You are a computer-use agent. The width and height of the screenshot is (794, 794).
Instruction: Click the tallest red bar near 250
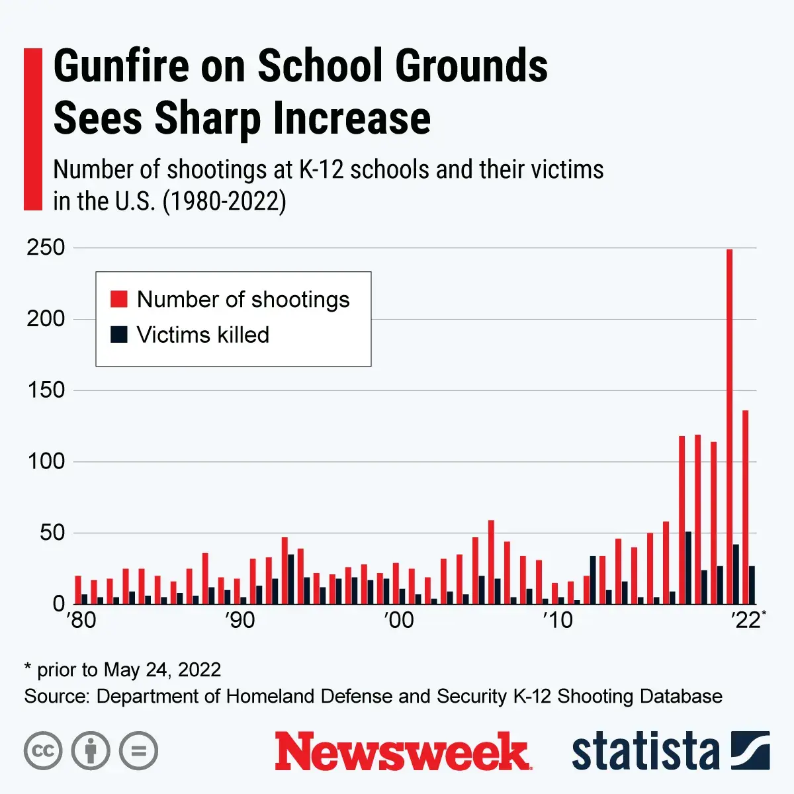coord(729,423)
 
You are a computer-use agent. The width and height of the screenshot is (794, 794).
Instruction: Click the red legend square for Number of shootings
coord(119,299)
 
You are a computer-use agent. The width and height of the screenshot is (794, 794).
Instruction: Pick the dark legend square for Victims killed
coord(119,334)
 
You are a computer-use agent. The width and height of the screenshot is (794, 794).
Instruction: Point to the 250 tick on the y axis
coord(46,247)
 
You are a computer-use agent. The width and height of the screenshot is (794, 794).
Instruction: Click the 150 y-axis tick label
coord(46,390)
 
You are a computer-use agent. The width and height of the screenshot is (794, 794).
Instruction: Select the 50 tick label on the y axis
coord(52,533)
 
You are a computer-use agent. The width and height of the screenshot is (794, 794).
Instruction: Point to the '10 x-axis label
coord(557,620)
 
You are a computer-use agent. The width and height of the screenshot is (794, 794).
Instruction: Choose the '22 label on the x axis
coord(745,620)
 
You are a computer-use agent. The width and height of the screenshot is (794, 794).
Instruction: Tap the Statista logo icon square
coord(750,750)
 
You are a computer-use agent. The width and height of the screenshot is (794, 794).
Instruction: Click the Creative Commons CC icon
coord(43,751)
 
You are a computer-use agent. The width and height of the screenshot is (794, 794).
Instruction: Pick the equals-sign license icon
coord(139,751)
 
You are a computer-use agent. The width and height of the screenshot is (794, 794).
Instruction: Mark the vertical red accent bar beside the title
coord(32,129)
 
